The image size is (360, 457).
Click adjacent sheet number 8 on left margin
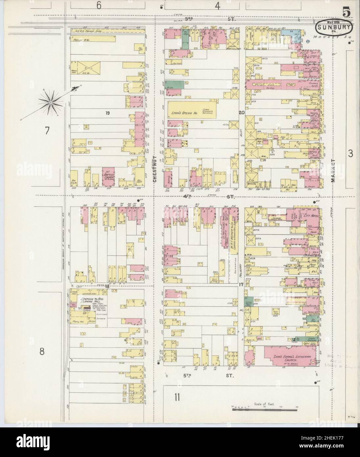pyautogui.click(x=42, y=351)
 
